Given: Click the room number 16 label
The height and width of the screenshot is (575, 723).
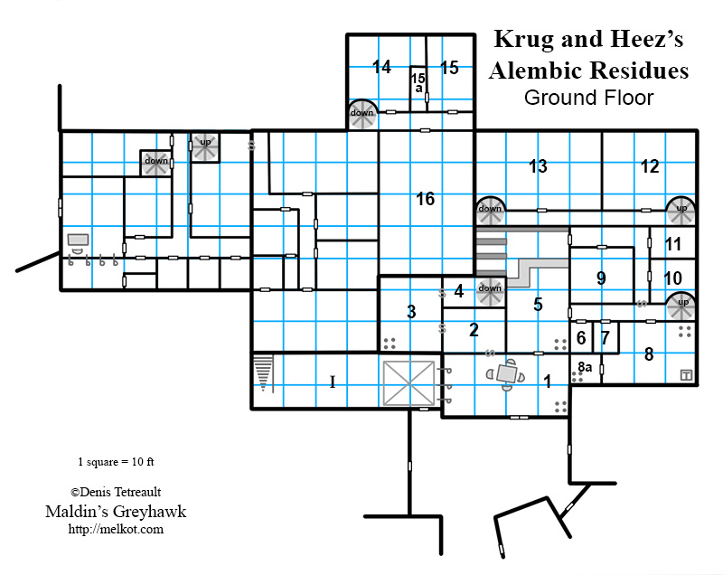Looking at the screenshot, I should point(426,199).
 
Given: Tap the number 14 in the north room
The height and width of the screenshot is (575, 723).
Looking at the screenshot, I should point(381,67).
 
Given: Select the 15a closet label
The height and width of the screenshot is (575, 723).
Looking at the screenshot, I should point(418,82).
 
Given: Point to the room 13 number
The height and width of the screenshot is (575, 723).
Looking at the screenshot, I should point(538,166).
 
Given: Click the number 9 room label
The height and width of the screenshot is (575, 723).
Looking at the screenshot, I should point(601,278).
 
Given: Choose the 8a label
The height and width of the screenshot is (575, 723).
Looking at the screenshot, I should point(585,367).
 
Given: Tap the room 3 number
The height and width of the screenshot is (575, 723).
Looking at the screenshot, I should point(411,312).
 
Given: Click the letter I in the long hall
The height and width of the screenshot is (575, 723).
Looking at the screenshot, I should point(332,382).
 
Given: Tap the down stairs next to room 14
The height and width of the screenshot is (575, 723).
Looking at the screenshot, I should point(362,114).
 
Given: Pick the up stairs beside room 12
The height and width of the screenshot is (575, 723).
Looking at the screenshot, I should point(680,209).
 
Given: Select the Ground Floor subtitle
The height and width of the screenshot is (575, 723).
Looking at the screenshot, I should point(588,98).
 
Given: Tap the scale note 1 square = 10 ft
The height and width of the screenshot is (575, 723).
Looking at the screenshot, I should point(117,461).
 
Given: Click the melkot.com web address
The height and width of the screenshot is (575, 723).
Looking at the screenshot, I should point(116,529).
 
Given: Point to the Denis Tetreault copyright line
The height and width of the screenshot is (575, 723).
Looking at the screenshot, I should point(116,493).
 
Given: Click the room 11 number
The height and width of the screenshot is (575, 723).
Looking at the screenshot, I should point(673,244).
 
